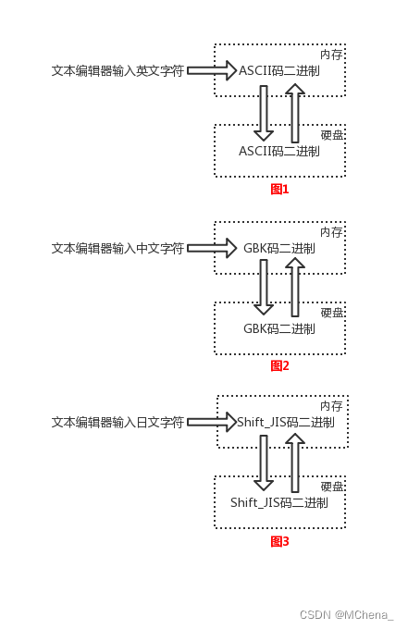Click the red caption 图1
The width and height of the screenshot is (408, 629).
click(x=279, y=189)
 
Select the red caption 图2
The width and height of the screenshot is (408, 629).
click(x=279, y=365)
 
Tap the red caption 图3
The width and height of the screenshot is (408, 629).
click(x=279, y=541)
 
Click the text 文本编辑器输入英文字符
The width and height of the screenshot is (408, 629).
click(x=117, y=69)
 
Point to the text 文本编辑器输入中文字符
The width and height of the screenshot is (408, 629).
click(x=117, y=248)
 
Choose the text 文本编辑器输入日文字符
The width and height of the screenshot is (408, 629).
click(x=117, y=422)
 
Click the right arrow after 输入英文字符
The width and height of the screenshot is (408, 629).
click(x=213, y=69)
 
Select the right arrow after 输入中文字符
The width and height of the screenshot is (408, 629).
click(x=213, y=248)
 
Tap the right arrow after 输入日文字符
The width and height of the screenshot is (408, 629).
click(x=213, y=422)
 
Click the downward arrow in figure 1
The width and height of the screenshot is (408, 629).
click(x=264, y=110)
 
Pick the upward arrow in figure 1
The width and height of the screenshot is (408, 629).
click(x=294, y=110)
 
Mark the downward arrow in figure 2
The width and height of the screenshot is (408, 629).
click(x=264, y=288)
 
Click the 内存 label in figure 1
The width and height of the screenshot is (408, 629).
click(x=331, y=55)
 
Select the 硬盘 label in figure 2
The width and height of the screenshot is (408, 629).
click(x=332, y=313)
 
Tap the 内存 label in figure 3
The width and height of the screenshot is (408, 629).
click(x=331, y=406)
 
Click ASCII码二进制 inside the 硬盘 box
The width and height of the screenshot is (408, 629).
click(x=279, y=151)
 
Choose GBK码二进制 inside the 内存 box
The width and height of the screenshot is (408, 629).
click(x=279, y=249)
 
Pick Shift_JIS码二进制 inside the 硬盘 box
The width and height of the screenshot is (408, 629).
click(x=279, y=502)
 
